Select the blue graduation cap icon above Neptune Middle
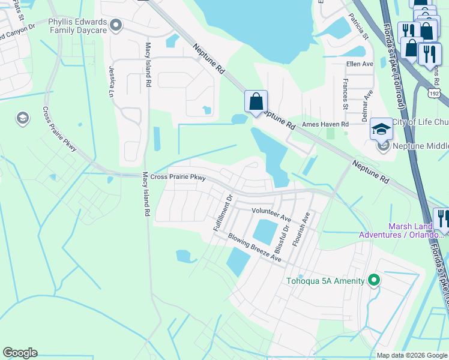point(381,128)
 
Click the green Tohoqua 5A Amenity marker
point(374,280)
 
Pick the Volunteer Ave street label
point(271,211)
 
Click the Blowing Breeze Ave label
point(255,247)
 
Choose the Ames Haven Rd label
point(325,124)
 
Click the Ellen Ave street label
point(360,64)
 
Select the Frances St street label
point(345,94)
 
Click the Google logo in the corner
point(20,353)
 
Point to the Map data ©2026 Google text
point(412,355)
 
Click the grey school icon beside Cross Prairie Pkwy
point(23,118)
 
